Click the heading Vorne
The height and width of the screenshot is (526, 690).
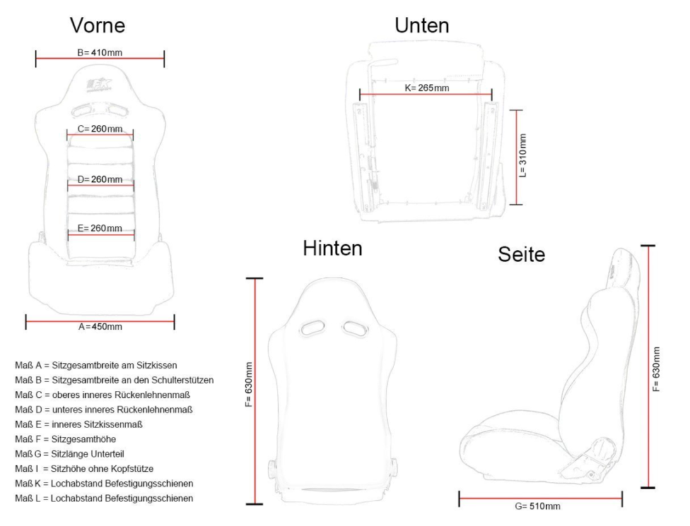coord(98,25)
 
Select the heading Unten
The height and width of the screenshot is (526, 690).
coord(422,25)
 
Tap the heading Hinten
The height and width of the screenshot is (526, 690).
coord(332,248)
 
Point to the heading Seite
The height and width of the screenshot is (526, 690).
coord(522,254)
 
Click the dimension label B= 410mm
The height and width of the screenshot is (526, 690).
coord(100,52)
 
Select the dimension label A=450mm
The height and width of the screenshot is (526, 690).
coord(100,326)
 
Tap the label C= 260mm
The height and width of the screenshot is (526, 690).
coord(100,129)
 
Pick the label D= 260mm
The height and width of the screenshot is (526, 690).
coord(100,179)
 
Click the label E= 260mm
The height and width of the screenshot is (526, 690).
coord(100,228)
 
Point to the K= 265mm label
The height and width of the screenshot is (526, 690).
coord(427,88)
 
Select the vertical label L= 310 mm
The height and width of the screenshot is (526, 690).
coord(522,155)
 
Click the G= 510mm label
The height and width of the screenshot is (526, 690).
coord(538,506)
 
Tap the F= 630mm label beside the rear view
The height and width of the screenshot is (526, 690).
coord(249,385)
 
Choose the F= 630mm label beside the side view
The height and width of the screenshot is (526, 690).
coord(656,369)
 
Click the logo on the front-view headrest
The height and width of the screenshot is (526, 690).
coord(99,85)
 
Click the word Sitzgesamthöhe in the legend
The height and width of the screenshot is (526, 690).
coord(84,439)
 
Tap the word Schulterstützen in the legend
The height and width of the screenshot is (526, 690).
coord(183,380)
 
